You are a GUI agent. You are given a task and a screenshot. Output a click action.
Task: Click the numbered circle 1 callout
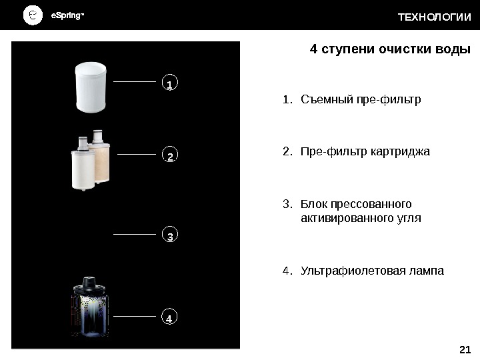tap(169, 85)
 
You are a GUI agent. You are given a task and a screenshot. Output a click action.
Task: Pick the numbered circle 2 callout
tap(169, 157)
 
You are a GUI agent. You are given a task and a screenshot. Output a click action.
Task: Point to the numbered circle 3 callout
tap(169, 237)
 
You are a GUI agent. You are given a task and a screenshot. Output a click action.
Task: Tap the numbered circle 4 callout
tap(169, 318)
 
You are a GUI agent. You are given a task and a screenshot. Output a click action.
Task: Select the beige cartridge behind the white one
tap(102, 160)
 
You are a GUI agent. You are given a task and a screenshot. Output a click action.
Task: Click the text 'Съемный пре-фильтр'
tap(361, 101)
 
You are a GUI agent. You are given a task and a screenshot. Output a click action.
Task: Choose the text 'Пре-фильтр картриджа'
tap(365, 152)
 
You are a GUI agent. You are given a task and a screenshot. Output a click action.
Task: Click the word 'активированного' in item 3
tap(341, 218)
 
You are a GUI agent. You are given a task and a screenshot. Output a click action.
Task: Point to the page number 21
tap(465, 349)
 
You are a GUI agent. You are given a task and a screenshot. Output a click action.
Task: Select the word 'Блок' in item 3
tap(313, 203)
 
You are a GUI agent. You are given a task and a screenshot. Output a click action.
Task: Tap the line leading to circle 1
tap(136, 81)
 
